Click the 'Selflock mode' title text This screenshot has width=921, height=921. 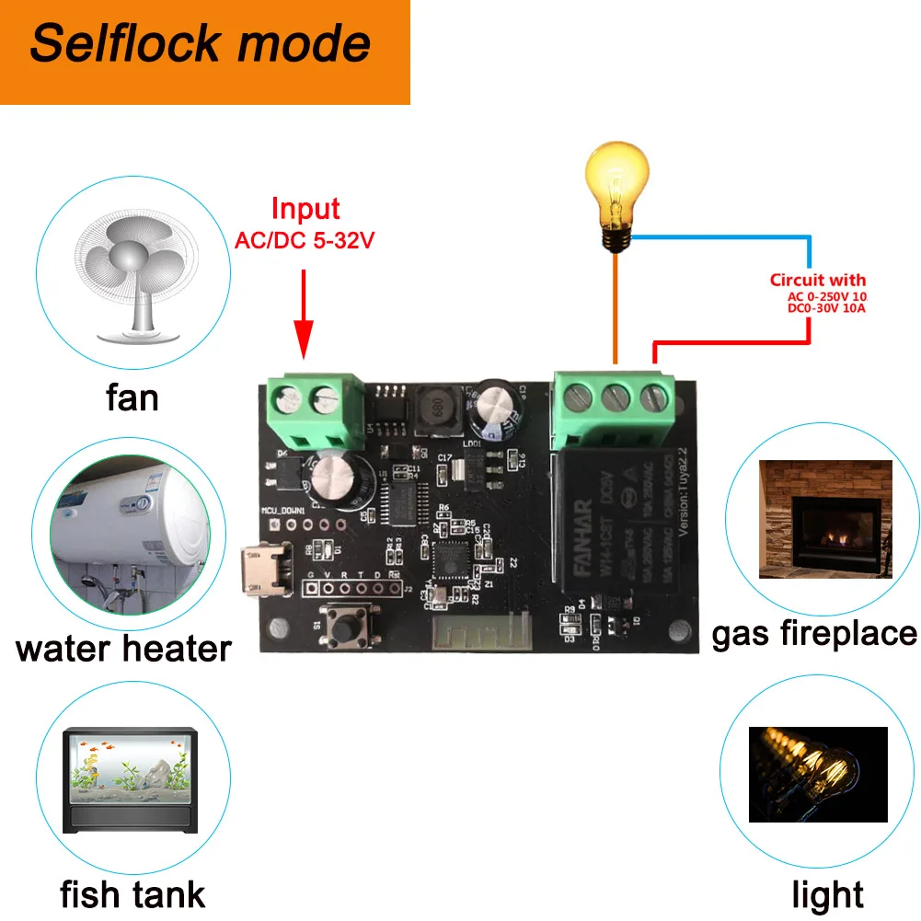click(200, 44)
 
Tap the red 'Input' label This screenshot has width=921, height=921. click(305, 209)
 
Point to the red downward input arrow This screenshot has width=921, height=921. click(304, 313)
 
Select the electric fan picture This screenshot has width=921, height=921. click(136, 275)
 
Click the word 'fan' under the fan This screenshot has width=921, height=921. click(132, 398)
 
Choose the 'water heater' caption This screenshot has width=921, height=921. click(123, 649)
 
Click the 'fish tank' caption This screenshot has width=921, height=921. click(132, 894)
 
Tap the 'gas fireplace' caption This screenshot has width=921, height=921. click(814, 633)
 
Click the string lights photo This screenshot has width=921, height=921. click(818, 774)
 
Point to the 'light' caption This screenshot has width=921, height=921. click(828, 894)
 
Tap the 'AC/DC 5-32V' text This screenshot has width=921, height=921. click(304, 242)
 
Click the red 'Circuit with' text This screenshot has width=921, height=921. click(818, 281)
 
